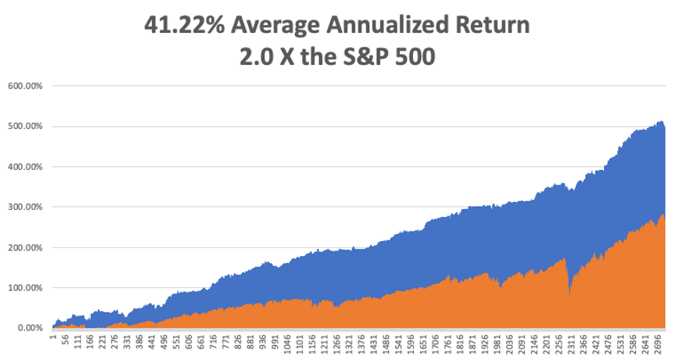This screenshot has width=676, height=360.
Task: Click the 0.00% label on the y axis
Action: click(27, 328)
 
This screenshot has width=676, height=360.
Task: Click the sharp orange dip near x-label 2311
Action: click(570, 294)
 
